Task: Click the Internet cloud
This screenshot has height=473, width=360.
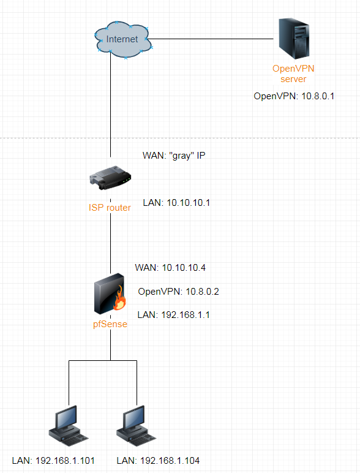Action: [123, 39]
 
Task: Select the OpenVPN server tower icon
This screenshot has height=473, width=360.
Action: [294, 39]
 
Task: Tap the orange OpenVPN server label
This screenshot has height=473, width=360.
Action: [293, 74]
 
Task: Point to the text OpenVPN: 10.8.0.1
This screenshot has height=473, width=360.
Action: [294, 96]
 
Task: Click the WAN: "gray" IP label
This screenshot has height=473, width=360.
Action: [174, 156]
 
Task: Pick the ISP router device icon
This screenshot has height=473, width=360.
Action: [110, 178]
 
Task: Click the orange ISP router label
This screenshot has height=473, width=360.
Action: [110, 208]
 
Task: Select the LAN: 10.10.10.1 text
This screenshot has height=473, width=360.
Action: [176, 203]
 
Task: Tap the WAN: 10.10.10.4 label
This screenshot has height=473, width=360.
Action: [170, 268]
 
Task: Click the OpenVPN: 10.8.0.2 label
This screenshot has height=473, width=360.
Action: [179, 292]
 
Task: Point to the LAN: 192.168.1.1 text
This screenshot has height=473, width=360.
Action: [174, 315]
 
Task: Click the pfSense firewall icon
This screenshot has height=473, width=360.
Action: [110, 294]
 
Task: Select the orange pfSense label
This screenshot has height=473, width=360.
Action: [110, 324]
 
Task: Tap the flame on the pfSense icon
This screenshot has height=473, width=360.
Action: [119, 298]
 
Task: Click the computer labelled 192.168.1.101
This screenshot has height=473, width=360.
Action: [69, 426]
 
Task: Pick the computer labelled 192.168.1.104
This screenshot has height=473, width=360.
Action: [137, 426]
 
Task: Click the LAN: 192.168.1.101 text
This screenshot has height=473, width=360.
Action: [53, 461]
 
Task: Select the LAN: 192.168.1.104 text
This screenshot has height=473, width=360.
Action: [159, 461]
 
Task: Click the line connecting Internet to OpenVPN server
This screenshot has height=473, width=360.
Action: [211, 39]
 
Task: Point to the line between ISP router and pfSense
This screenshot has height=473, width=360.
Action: [110, 243]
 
